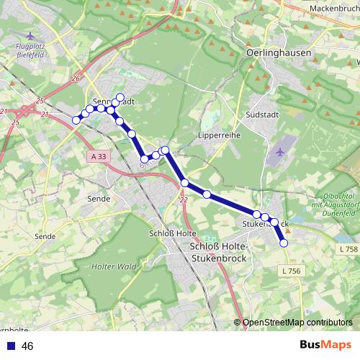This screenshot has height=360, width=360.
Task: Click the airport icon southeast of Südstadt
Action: (280, 152)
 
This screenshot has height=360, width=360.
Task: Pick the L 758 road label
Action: (347, 248)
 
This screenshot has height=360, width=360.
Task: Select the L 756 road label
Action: (291, 270)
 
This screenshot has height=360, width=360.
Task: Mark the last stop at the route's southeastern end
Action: (284, 243)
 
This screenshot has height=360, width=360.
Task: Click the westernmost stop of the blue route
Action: (76, 120)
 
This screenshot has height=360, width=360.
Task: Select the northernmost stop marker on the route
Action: (120, 97)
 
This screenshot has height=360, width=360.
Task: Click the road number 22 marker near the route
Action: (184, 200)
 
